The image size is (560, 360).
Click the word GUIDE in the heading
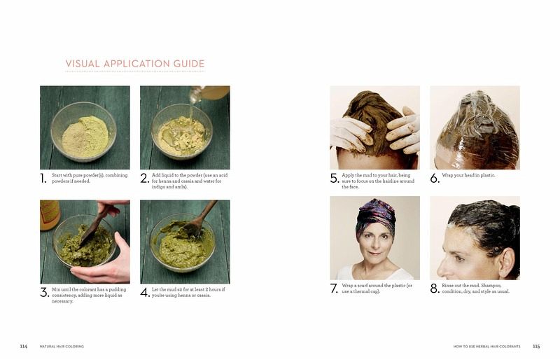tap(189, 64)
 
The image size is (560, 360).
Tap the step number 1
tap(43, 179)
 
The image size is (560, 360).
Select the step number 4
tap(145, 293)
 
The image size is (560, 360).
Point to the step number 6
tap(435, 178)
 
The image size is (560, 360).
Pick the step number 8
tap(435, 289)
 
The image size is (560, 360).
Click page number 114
tap(24, 347)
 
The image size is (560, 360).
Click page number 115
tap(536, 347)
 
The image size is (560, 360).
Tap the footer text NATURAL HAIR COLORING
tap(62, 347)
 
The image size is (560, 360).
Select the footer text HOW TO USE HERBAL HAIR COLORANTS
tap(486, 347)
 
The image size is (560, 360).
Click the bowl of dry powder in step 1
tap(84, 132)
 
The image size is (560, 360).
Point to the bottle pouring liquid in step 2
tap(209, 93)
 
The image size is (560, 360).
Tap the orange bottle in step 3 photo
tap(49, 215)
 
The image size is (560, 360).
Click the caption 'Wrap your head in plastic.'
tap(468, 175)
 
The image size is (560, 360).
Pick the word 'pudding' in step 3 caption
tap(118, 289)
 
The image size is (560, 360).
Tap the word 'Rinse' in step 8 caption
tap(448, 286)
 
